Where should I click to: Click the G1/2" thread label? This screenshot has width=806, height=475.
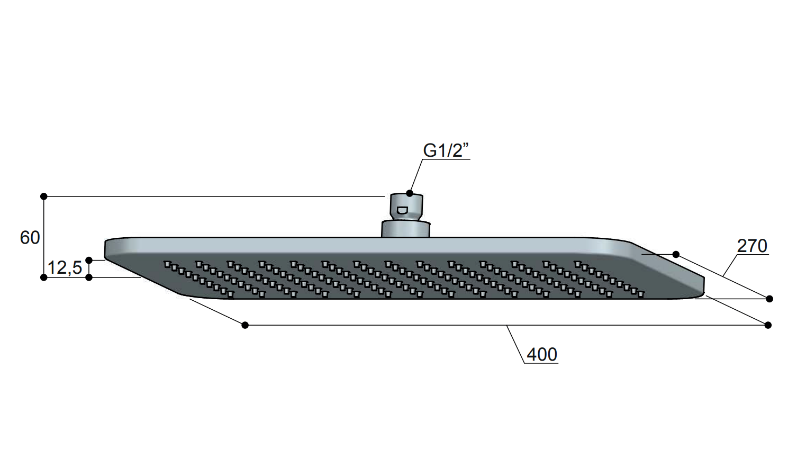[446, 150]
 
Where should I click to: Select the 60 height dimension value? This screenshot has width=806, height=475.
[30, 238]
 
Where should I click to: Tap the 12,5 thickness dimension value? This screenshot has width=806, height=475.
[65, 268]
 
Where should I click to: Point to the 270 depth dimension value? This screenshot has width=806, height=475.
[752, 246]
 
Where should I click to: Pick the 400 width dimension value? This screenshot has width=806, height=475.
[542, 354]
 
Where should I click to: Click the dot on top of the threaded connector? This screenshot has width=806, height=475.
[410, 193]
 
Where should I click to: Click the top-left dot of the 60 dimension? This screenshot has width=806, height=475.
[44, 196]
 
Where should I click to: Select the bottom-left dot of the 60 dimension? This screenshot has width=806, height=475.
[44, 277]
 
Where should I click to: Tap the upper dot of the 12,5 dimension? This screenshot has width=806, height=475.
[89, 260]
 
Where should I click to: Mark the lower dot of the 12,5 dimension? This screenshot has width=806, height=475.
[89, 277]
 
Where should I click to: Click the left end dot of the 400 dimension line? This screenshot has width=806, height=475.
[245, 325]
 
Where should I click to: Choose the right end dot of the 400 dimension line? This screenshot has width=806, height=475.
[768, 325]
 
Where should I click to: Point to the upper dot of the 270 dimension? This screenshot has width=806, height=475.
[676, 255]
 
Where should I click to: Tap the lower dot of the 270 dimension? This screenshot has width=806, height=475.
[769, 299]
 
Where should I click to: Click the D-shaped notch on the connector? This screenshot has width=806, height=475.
[402, 210]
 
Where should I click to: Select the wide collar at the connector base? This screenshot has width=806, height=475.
[405, 229]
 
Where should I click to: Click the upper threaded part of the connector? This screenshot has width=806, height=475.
[406, 207]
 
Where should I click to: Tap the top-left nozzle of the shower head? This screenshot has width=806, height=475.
[167, 264]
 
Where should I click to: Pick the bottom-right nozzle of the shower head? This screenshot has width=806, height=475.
[640, 294]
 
